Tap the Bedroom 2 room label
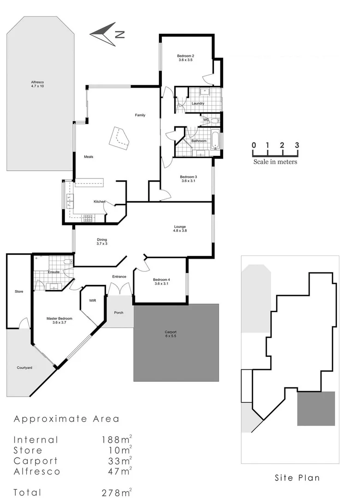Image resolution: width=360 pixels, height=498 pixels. click(185, 56)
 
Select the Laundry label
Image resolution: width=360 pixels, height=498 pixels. click(198, 103)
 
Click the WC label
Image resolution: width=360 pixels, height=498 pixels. click(206, 120)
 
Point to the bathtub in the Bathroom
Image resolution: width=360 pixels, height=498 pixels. click(216, 139)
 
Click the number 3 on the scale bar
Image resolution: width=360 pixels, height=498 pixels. click(297, 145)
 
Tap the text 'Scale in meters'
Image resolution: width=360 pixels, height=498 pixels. click(275, 162)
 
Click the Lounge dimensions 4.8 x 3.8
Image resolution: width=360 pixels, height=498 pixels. click(180, 231)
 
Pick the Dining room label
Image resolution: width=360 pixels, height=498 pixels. click(102, 239)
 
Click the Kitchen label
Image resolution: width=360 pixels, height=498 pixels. click(100, 202)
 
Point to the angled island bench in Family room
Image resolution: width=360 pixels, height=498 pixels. click(119, 137)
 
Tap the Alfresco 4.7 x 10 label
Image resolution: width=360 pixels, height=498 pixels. click(37, 86)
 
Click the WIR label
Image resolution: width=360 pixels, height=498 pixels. click(92, 300)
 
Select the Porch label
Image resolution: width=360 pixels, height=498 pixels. click(118, 312)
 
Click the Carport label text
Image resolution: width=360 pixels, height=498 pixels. click(171, 332)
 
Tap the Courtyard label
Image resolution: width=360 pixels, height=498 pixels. click(24, 368)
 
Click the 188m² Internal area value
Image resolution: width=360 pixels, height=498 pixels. click(117, 439)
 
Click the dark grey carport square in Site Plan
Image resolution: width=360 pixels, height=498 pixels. click(316, 408)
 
